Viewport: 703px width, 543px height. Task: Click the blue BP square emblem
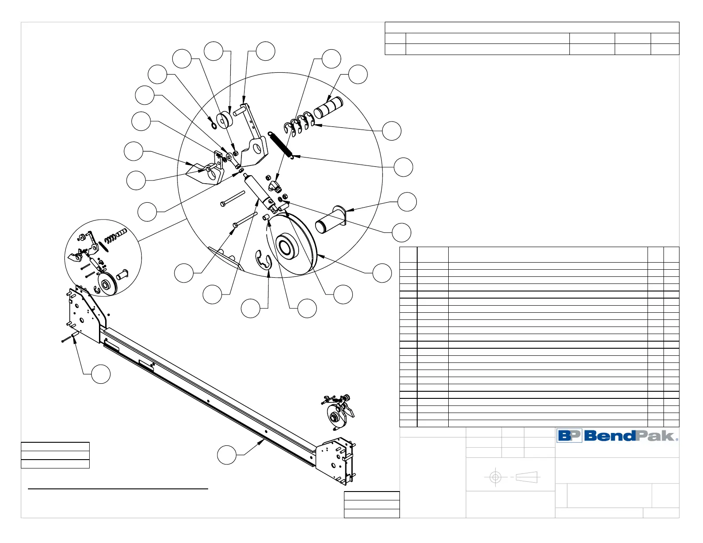[x=569, y=436]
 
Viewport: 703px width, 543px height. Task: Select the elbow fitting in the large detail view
[x=274, y=184]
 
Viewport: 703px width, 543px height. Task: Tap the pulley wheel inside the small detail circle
[x=107, y=284]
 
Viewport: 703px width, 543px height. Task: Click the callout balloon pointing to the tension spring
[x=403, y=167]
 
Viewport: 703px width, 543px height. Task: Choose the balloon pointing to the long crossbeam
[x=226, y=455]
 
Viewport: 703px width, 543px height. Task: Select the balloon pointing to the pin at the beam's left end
[x=101, y=374]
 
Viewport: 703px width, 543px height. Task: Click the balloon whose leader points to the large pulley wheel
[x=382, y=273]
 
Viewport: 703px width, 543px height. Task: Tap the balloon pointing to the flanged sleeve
[x=407, y=202]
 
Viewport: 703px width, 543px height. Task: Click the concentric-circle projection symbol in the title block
[x=495, y=477]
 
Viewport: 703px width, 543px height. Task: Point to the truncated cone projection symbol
[x=527, y=477]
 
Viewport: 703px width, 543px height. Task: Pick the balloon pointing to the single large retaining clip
[x=251, y=308]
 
